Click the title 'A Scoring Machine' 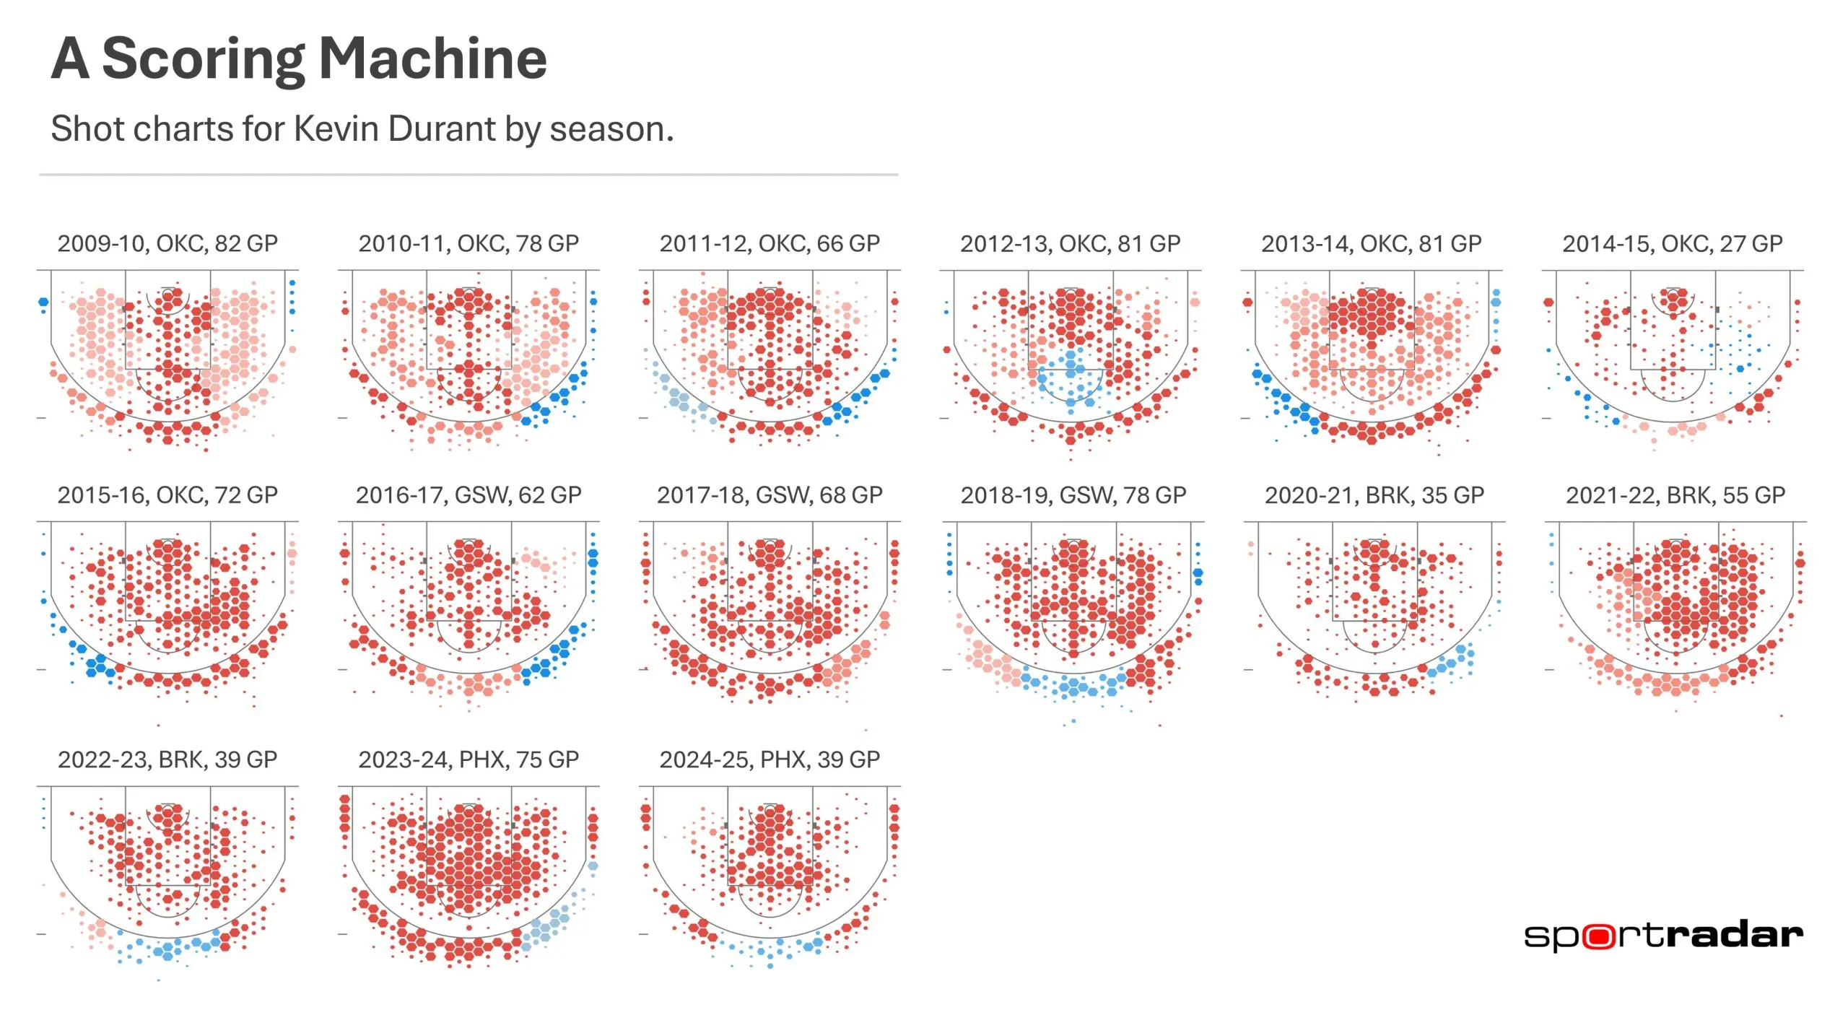coord(299,59)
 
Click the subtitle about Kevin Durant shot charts coord(362,129)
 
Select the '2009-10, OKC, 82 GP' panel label coord(167,243)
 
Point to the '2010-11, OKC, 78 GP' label coord(468,243)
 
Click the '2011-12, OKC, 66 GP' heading coord(770,243)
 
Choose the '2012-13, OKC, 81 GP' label coord(1070,243)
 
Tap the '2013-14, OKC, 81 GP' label coord(1371,243)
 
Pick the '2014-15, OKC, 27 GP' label coord(1672,243)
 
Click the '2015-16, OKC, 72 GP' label coord(167,495)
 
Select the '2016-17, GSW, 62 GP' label coord(468,495)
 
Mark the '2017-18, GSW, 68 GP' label coord(770,495)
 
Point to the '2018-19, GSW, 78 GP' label coord(1073,495)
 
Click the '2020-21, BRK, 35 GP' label coord(1374,495)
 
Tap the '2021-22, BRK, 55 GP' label coord(1675,495)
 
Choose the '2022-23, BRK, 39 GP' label coord(167,759)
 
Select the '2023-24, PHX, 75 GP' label coord(468,759)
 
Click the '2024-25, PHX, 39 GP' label coord(770,759)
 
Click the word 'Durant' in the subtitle coord(442,129)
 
